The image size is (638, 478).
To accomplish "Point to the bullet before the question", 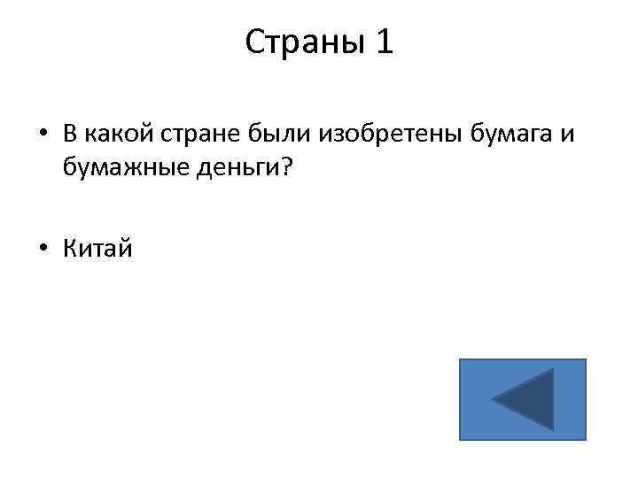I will [x=43, y=134].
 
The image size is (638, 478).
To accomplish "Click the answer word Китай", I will [x=97, y=250].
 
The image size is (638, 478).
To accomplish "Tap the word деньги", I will [x=233, y=169].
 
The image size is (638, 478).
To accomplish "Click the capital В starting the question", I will [x=69, y=133].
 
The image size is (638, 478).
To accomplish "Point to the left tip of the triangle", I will [x=494, y=401].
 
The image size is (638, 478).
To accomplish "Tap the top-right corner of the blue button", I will [x=586, y=359].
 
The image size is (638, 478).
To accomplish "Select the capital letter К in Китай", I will [x=69, y=250].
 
